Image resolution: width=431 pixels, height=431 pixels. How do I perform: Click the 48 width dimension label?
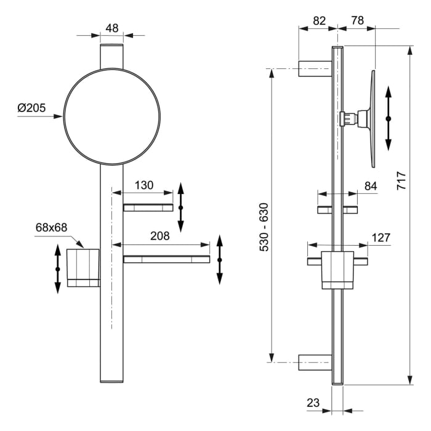coord(111,28)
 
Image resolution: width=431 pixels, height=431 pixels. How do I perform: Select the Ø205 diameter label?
coord(32,108)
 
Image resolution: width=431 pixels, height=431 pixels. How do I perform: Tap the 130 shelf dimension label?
coord(144,185)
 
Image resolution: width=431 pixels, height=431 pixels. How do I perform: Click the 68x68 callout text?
coord(51,227)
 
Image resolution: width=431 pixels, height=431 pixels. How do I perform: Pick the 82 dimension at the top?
coord(319,20)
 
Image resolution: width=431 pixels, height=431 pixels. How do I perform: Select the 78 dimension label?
coord(356,20)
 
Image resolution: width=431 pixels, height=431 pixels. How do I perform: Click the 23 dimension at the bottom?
coord(313,403)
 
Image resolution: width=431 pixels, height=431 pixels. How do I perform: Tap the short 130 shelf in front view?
coord(148,207)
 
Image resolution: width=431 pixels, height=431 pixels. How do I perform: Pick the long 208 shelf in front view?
coord(166,259)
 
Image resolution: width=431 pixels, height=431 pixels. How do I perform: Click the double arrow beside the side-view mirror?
coord(388,118)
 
